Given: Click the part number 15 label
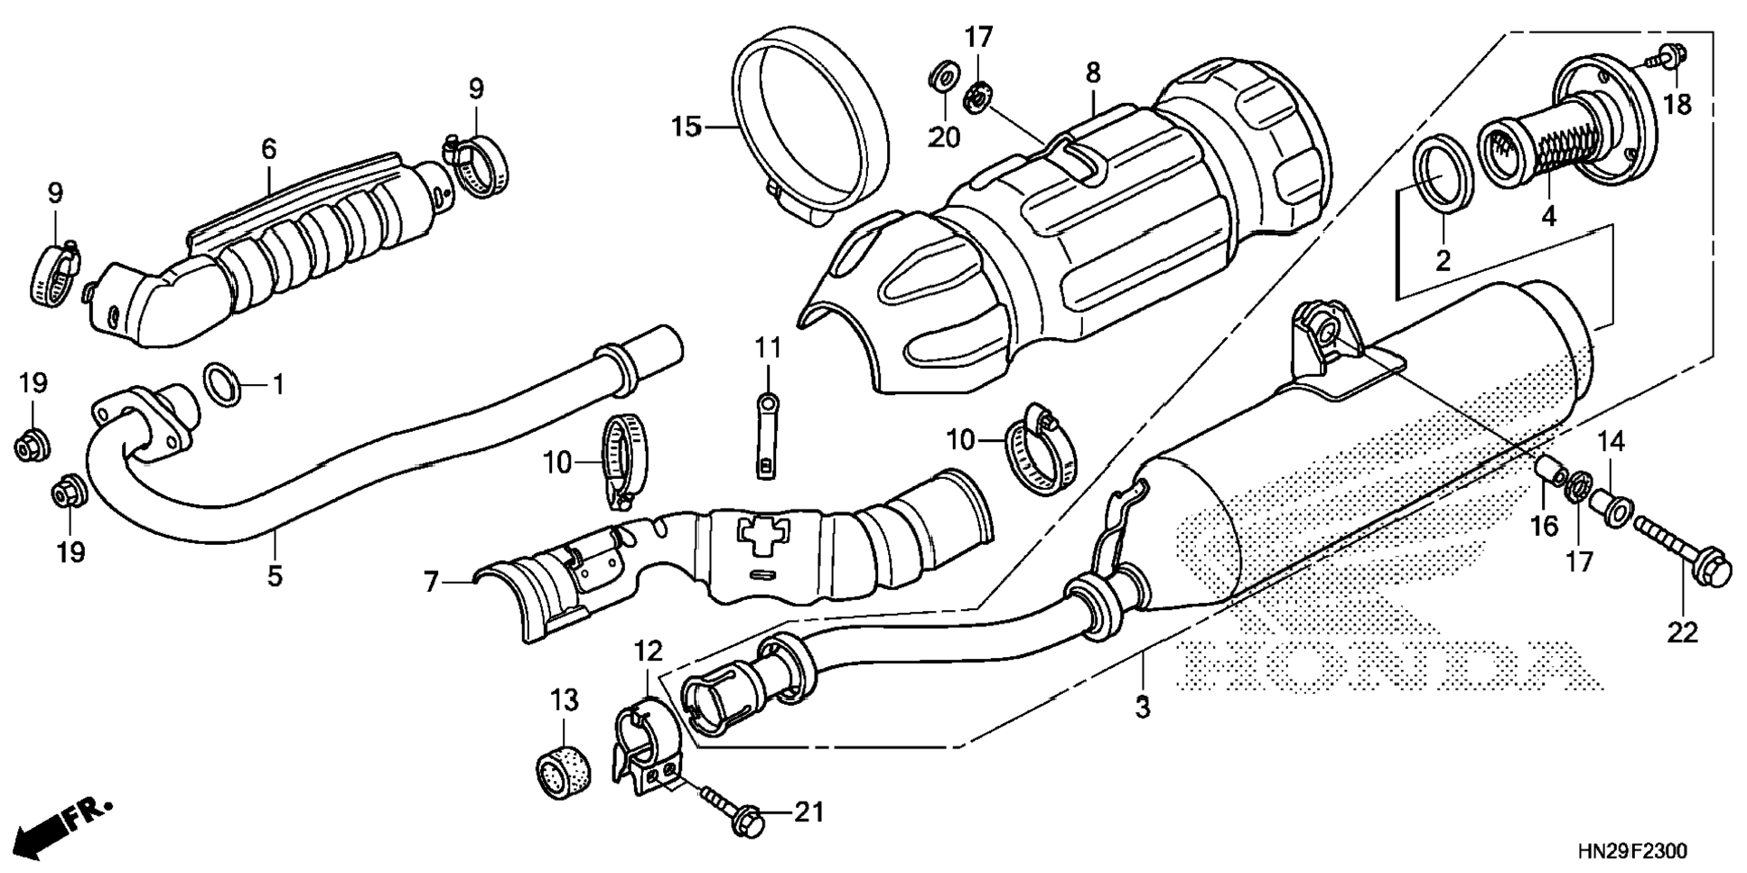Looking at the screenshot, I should coord(686,127).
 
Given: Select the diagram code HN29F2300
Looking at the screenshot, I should coord(1631,851).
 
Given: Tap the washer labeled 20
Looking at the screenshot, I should coord(944,76).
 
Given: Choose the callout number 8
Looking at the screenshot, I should coord(1093,72).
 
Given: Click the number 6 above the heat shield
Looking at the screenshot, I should coord(268,149).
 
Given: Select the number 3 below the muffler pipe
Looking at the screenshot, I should coord(1143,707).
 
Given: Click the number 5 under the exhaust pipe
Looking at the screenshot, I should coord(275,576).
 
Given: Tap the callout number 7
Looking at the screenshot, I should coord(432,582).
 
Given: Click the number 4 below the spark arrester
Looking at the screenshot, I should coord(1548,217).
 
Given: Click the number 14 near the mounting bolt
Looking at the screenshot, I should coord(1611,442).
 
